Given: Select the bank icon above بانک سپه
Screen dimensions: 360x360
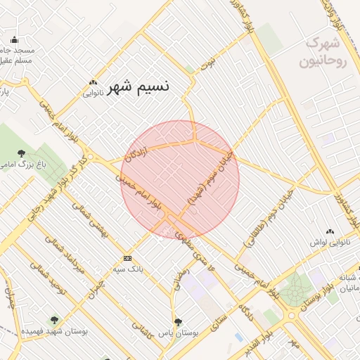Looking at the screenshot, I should [x=127, y=258].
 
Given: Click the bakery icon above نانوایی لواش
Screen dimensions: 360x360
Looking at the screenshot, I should [x=330, y=231].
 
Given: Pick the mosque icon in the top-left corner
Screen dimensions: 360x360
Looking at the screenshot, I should [x=14, y=39].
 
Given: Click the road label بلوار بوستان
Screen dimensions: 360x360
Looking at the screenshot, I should [x=304, y=298].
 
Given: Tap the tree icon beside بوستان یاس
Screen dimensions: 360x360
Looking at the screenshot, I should [x=178, y=322].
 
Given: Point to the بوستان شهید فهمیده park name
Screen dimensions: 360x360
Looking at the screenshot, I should [x=54, y=331].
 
